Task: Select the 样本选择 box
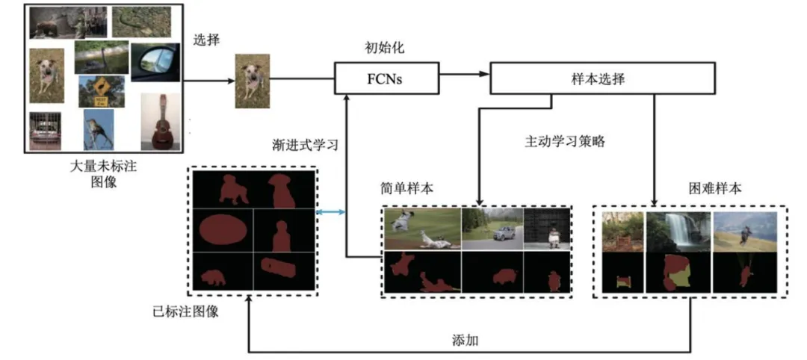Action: tap(602, 78)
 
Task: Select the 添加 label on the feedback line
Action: tap(465, 340)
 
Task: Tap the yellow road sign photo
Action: tap(102, 91)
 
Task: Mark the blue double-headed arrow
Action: tap(332, 213)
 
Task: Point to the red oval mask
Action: tap(222, 229)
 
